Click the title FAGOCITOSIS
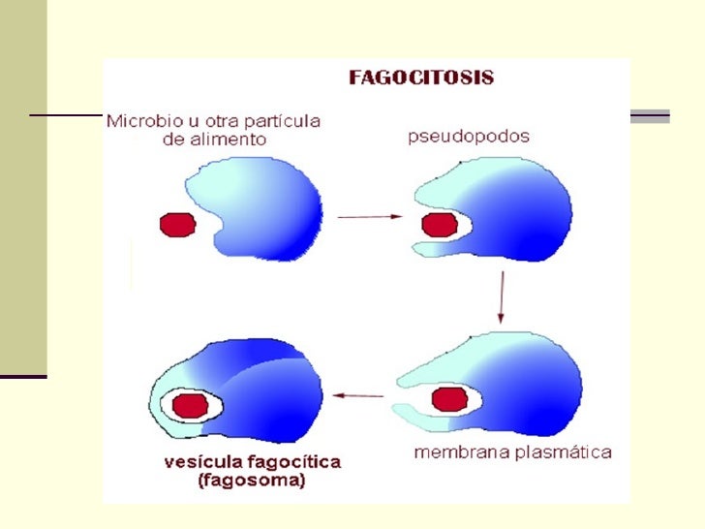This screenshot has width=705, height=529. click(x=420, y=78)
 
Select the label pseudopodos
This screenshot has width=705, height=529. click(x=467, y=137)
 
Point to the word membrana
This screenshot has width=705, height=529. click(x=452, y=452)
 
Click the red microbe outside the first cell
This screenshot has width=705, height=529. click(x=176, y=225)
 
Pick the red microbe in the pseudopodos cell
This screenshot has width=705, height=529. click(x=440, y=225)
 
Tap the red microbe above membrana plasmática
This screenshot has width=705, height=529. click(x=448, y=397)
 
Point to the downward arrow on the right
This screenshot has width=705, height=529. click(x=501, y=298)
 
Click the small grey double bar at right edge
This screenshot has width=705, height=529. click(x=650, y=117)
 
